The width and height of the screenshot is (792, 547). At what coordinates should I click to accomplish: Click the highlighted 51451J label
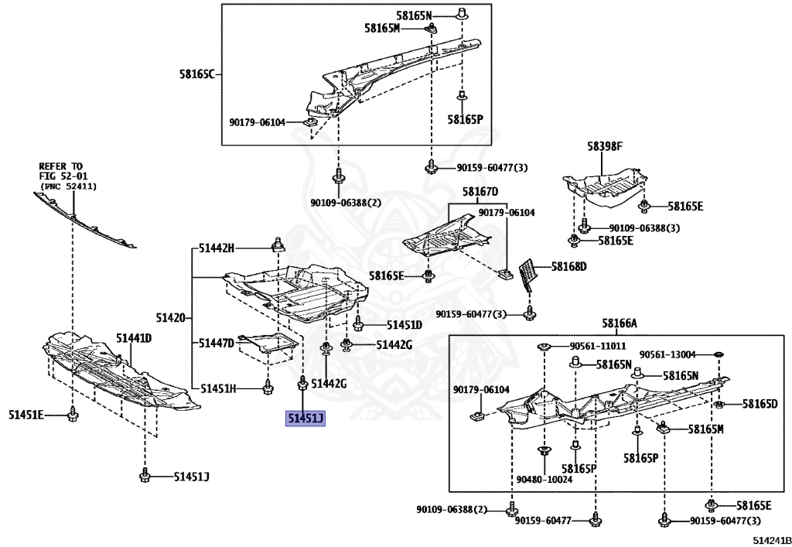(x=306, y=419)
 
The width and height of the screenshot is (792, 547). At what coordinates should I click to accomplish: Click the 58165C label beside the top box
(x=196, y=74)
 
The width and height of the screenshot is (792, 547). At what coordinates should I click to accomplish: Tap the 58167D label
(x=480, y=192)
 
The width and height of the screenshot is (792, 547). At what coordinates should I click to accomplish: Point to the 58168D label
(x=568, y=266)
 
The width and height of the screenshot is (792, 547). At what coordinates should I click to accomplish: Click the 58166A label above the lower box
(x=620, y=323)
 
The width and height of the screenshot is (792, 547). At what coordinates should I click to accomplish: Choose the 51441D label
(x=134, y=338)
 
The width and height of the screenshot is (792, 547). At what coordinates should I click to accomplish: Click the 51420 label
(x=170, y=318)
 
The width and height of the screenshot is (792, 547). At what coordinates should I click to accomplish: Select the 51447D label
(x=216, y=343)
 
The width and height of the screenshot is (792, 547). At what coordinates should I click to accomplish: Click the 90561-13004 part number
(x=667, y=354)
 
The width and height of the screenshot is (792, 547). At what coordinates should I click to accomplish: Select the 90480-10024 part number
(x=546, y=480)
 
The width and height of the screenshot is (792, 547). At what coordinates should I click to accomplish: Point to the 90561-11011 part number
(x=598, y=346)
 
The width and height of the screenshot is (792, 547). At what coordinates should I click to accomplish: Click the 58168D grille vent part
(x=527, y=275)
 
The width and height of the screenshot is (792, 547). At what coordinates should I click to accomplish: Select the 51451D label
(x=404, y=325)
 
